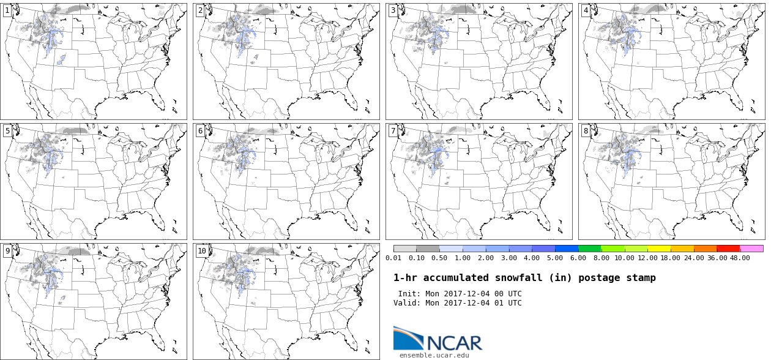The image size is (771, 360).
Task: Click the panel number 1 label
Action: click(x=7, y=10)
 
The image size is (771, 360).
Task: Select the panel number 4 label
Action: click(x=586, y=10)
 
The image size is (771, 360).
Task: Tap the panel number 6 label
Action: click(x=200, y=131)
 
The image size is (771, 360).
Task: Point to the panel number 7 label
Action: click(x=393, y=131)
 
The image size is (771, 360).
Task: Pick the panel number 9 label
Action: click(x=7, y=251)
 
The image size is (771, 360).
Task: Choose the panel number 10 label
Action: click(x=202, y=251)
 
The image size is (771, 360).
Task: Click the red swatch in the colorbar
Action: click(x=728, y=249)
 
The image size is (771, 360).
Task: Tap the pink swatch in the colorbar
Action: click(x=751, y=249)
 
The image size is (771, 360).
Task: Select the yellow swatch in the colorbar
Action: click(x=659, y=249)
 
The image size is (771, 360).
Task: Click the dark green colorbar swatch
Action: click(x=590, y=249)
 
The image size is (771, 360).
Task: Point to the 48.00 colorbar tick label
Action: click(x=740, y=258)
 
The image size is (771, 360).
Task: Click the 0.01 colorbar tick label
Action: click(x=393, y=258)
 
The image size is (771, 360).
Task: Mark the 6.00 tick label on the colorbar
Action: click(x=578, y=258)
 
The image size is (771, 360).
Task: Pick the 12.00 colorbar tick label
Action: click(x=647, y=258)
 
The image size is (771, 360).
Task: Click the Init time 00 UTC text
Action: click(x=505, y=294)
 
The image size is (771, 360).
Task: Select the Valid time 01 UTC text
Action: click(x=505, y=303)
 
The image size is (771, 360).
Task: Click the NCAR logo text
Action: click(x=454, y=343)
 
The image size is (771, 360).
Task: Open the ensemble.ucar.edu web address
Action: click(x=434, y=355)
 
